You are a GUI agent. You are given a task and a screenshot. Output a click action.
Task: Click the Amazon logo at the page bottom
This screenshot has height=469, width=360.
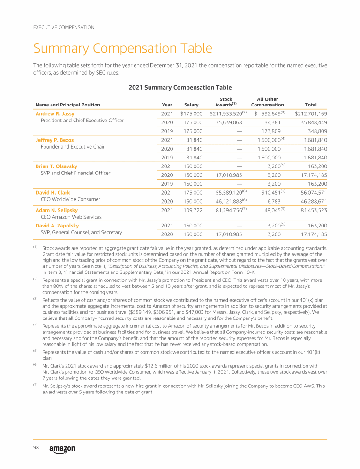tap(62, 449)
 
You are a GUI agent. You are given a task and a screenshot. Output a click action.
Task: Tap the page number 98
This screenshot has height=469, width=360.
tap(36, 448)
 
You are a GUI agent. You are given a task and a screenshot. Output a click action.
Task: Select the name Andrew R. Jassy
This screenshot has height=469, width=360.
tap(55, 113)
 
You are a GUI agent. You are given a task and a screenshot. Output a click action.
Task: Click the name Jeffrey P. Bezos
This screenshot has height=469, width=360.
tap(54, 140)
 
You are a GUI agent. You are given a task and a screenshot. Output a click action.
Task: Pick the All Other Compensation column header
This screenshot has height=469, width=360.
tap(268, 102)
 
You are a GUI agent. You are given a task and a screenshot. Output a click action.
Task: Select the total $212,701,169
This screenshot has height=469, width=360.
tap(311, 113)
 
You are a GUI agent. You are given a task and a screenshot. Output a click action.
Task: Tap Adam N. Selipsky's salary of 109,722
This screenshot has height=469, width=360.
tap(191, 210)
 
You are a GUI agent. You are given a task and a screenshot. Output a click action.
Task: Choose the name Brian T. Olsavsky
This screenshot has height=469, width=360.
tap(56, 166)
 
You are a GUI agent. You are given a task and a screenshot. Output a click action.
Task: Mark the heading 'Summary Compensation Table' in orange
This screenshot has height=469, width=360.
tap(122, 48)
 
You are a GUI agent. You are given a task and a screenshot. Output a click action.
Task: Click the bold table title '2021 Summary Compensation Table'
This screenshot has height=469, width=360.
tap(180, 87)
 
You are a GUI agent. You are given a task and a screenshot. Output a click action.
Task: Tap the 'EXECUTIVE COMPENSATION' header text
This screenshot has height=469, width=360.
tap(64, 27)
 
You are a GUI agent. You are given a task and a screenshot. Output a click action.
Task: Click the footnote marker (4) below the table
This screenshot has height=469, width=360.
tap(35, 325)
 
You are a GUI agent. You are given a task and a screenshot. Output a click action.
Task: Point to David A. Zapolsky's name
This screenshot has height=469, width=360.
tap(57, 226)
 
